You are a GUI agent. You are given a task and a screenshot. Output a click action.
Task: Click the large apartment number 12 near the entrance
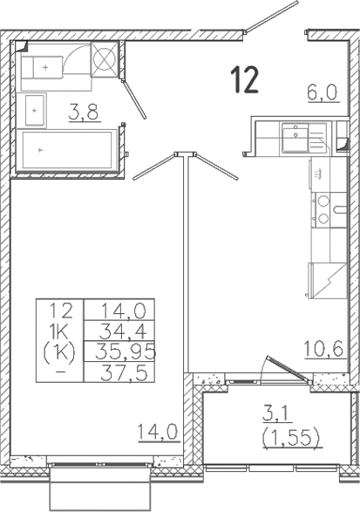coord(245,79)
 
